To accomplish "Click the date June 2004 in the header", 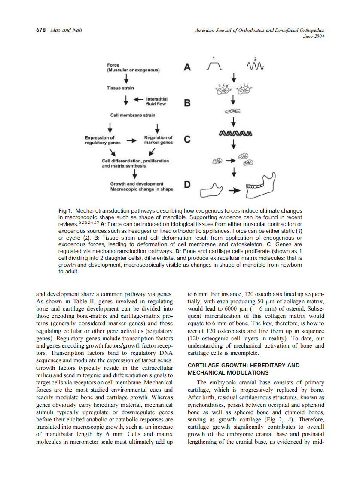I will tap(313, 36).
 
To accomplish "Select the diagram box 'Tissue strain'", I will tap(120, 88).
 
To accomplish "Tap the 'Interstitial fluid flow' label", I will tap(156, 101).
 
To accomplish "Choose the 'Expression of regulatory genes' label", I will tap(103, 140).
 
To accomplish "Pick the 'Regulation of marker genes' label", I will tap(159, 140).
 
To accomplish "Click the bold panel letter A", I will tap(187, 67).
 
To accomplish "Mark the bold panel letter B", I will tap(187, 103).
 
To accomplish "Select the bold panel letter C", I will tap(187, 140).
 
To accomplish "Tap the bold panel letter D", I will tap(187, 185).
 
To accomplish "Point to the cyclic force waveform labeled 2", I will tap(255, 67).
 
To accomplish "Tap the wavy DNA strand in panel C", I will tap(235, 133).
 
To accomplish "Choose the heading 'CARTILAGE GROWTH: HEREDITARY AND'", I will tap(244, 365).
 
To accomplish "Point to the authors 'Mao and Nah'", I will tap(66, 30).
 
